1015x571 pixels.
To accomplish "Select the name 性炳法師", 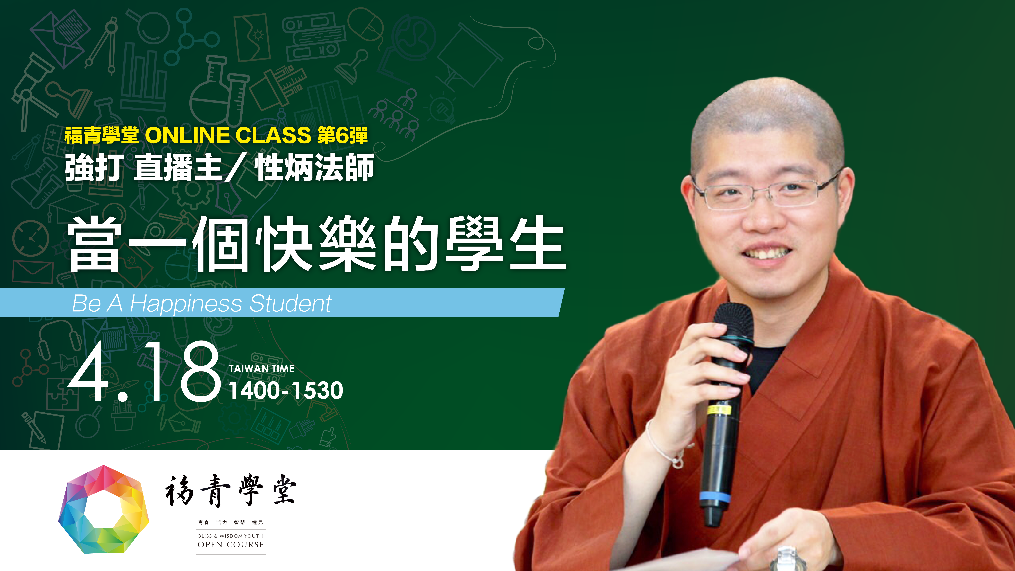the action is [314, 167].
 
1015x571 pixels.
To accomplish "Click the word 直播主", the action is [178, 167].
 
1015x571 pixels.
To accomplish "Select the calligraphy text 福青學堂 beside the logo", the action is [231, 491].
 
